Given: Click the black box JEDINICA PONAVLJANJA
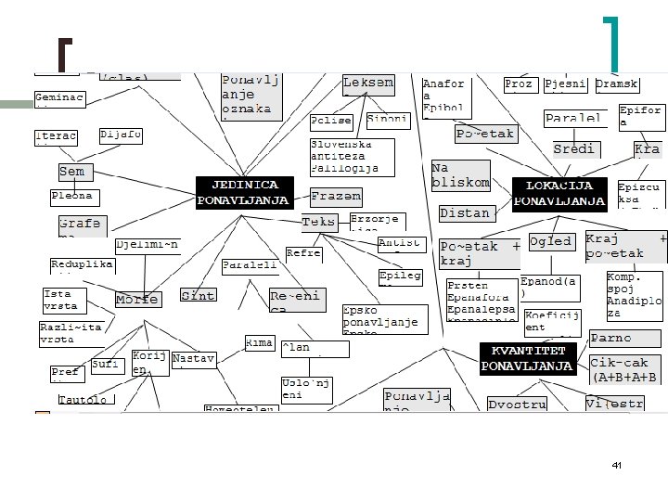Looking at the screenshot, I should pyautogui.click(x=244, y=192).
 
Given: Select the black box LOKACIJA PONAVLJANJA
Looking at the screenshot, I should pyautogui.click(x=559, y=194).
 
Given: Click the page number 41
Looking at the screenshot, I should pyautogui.click(x=616, y=464).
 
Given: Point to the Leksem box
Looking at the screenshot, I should pyautogui.click(x=368, y=84).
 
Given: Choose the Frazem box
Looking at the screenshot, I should pyautogui.click(x=336, y=198).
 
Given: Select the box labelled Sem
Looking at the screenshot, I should pyautogui.click(x=73, y=172).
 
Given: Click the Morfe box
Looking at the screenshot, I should pyautogui.click(x=137, y=300).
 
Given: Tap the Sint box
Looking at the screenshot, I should pyautogui.click(x=198, y=295).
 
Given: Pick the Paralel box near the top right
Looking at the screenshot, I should pyautogui.click(x=573, y=119).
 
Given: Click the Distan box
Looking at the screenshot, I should pyautogui.click(x=465, y=213).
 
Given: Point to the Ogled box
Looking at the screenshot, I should pyautogui.click(x=550, y=241).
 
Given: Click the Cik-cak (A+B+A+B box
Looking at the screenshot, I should pyautogui.click(x=625, y=369).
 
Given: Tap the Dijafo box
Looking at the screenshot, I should pyautogui.click(x=121, y=135).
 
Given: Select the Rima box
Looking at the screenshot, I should pyautogui.click(x=259, y=343).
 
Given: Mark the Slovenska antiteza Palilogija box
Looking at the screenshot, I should pyautogui.click(x=351, y=157).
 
